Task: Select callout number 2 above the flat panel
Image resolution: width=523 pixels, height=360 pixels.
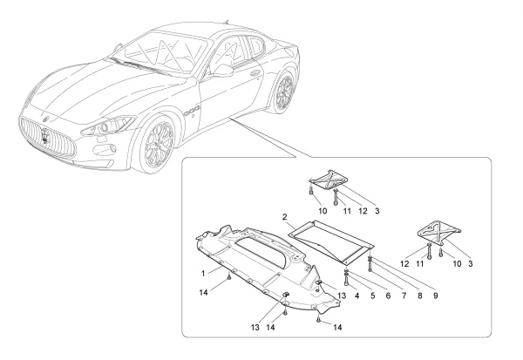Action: click(x=284, y=216)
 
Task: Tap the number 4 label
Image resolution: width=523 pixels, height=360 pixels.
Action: click(x=357, y=295)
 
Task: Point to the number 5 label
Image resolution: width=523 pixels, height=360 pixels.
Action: click(x=372, y=295)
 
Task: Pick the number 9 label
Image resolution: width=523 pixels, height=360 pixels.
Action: click(x=435, y=295)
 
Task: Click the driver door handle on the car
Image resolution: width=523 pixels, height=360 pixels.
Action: click(x=255, y=73)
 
